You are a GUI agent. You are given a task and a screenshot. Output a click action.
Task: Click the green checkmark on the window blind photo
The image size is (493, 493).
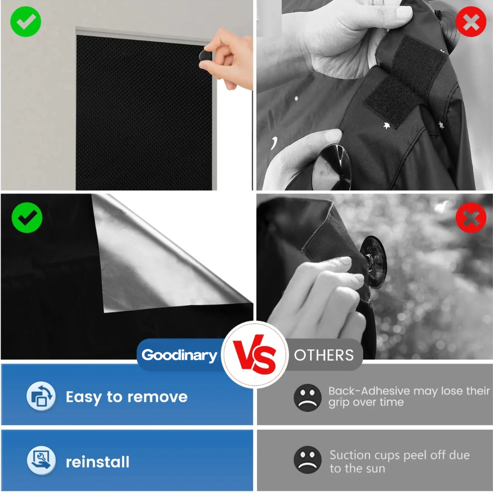[26, 21]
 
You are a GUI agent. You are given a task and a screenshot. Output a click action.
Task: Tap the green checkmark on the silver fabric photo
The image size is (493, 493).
[27, 218]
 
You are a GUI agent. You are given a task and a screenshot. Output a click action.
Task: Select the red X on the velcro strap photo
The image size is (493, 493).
[471, 21]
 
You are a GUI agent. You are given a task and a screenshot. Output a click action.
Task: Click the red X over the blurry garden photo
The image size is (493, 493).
[471, 218]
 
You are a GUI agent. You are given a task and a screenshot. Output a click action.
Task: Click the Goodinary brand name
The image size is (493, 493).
[179, 355]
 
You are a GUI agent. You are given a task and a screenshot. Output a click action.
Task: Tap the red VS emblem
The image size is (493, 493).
[255, 355]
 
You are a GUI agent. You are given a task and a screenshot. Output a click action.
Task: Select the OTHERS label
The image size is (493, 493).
[324, 355]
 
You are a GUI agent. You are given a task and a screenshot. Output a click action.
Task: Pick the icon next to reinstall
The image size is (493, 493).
[41, 461]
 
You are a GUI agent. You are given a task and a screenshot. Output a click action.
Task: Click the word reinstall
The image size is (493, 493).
[98, 462]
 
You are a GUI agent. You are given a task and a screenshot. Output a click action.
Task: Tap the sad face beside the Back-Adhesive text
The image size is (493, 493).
[307, 397]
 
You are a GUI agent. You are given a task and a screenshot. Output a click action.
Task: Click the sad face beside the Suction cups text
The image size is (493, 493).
[307, 460]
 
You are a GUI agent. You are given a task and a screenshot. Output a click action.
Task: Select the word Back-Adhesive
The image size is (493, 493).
[369, 391]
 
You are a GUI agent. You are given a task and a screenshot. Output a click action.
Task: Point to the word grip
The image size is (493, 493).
[339, 403]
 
